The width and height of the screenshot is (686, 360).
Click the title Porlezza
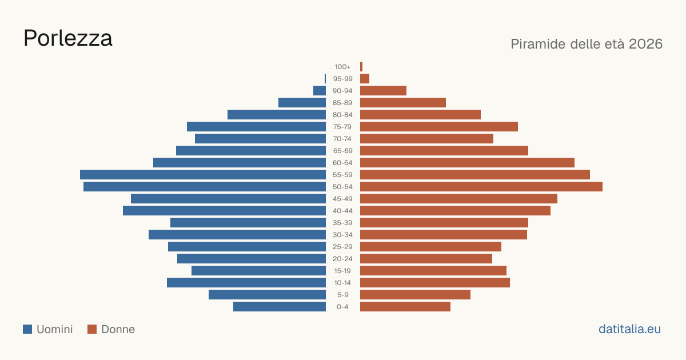(x=67, y=38)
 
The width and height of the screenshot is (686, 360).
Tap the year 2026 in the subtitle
(x=645, y=44)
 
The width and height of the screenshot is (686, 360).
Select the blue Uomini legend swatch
(x=27, y=329)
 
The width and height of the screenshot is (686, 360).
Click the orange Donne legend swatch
(x=92, y=329)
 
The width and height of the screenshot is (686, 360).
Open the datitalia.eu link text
(x=629, y=329)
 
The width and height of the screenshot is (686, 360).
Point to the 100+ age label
(x=342, y=67)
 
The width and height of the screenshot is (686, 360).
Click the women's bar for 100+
(x=361, y=67)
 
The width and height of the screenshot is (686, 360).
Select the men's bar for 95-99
(x=325, y=79)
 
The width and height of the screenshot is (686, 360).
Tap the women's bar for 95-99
(x=365, y=79)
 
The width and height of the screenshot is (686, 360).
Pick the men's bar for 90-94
(x=320, y=91)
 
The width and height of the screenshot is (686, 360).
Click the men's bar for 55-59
(x=203, y=174)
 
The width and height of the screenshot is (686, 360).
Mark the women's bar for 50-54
(x=481, y=187)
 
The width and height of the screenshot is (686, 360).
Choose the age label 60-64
(x=342, y=163)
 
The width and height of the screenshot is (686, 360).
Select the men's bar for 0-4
(x=280, y=307)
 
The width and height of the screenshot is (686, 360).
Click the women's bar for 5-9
(x=415, y=294)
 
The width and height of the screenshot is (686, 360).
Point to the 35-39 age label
(x=342, y=223)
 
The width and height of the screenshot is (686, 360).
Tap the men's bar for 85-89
(x=302, y=102)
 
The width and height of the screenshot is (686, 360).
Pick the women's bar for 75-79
(x=439, y=127)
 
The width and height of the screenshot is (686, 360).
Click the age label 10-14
(x=342, y=283)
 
